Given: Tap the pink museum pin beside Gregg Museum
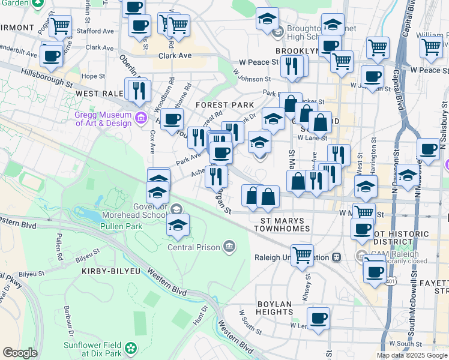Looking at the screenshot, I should tap(141, 116).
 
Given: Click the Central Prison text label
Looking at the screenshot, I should tap(193, 247).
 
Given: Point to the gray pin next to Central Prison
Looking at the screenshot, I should tap(229, 246).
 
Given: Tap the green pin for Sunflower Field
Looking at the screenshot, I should tap(130, 348).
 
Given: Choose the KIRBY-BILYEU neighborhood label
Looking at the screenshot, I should tap(106, 271).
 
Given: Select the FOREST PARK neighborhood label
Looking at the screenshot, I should tap(224, 104).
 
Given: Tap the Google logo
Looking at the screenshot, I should tap(20, 353).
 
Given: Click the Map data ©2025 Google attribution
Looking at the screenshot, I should tap(411, 355).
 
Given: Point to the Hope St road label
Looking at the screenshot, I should tap(93, 76).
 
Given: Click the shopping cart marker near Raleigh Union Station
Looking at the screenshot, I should tap(302, 255).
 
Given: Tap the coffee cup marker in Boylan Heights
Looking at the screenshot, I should tap(318, 317).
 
